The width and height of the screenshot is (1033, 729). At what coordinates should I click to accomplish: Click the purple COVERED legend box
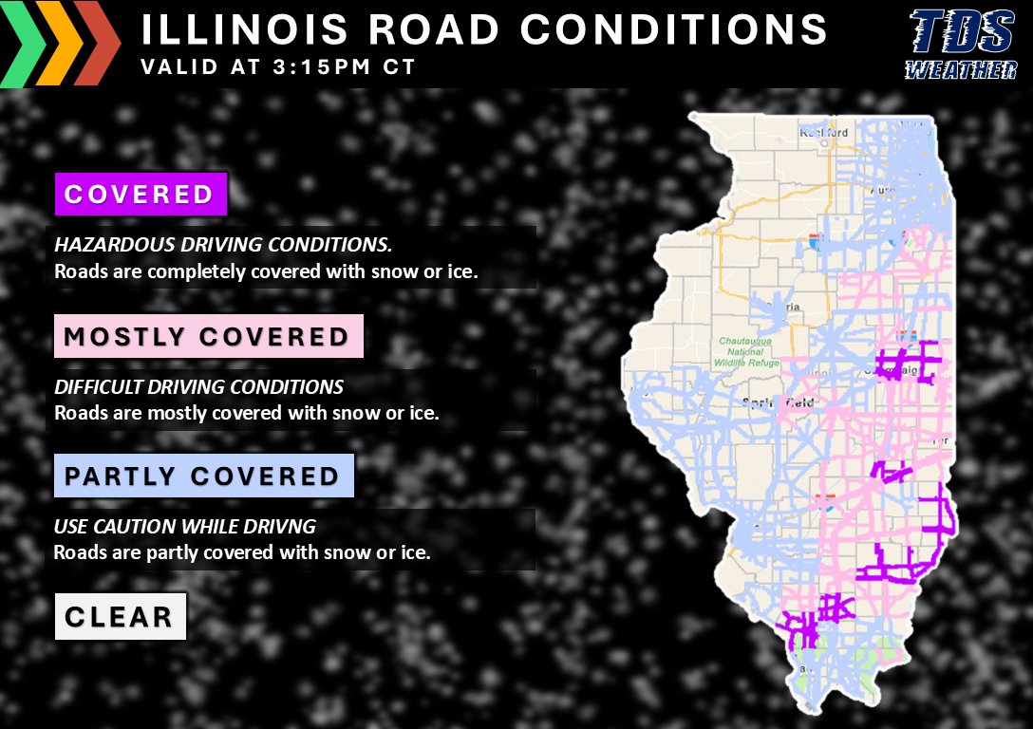pos(141,195)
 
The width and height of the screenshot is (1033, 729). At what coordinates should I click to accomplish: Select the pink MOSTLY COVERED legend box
pos(208,337)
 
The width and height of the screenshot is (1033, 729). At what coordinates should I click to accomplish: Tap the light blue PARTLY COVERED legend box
pos(203,476)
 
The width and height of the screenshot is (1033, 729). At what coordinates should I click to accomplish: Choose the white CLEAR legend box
pos(120,617)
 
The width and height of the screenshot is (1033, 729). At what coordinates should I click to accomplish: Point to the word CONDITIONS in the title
pos(673,29)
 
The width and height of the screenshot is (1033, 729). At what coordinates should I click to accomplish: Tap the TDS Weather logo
pos(960,45)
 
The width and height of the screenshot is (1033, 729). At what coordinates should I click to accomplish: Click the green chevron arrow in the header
pos(25,44)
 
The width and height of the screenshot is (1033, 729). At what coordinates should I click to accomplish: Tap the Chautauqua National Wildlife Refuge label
pos(746,351)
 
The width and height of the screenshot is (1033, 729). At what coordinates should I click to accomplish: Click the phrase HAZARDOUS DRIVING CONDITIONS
pos(222,245)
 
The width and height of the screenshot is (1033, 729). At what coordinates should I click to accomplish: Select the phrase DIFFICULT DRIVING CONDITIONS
pos(198,387)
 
